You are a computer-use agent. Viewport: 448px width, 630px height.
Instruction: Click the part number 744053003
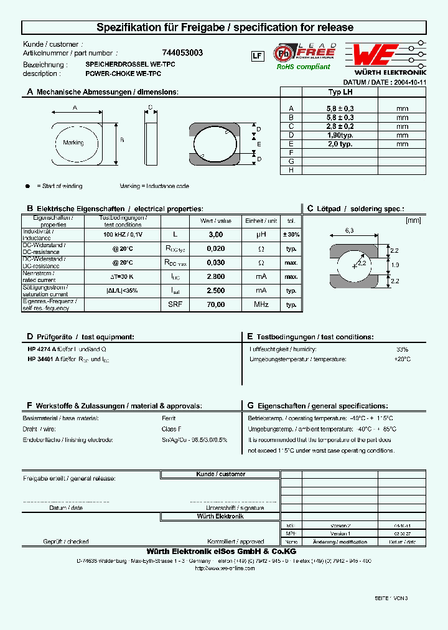[x=182, y=54]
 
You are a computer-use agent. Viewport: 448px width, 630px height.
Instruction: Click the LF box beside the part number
[x=256, y=56]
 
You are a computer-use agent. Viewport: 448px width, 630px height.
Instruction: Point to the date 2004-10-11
[x=410, y=82]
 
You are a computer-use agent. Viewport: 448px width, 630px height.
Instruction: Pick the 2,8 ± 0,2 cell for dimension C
[x=340, y=126]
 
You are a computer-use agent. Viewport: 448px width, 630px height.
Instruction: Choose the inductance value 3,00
[x=215, y=235]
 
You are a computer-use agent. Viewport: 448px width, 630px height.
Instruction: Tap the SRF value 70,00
[x=215, y=305]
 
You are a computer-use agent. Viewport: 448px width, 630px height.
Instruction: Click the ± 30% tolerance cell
[x=291, y=235]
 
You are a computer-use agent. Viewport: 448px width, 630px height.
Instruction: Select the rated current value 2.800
[x=215, y=276]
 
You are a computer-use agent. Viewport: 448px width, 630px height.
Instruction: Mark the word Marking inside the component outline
[x=73, y=143]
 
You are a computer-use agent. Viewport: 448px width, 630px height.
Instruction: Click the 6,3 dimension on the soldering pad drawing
[x=350, y=231]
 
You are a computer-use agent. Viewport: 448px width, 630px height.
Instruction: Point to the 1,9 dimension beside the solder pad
[x=396, y=265]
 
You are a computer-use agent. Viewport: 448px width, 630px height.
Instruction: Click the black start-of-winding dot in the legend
[x=27, y=186]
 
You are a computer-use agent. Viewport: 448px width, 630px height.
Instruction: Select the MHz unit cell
[x=260, y=305]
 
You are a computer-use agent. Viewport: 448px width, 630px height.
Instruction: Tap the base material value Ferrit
[x=169, y=418]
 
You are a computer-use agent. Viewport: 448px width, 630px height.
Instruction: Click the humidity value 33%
[x=402, y=349]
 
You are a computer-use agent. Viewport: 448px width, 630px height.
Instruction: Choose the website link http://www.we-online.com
[x=225, y=568]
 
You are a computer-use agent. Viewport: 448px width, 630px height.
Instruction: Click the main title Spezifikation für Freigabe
[x=225, y=27]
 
